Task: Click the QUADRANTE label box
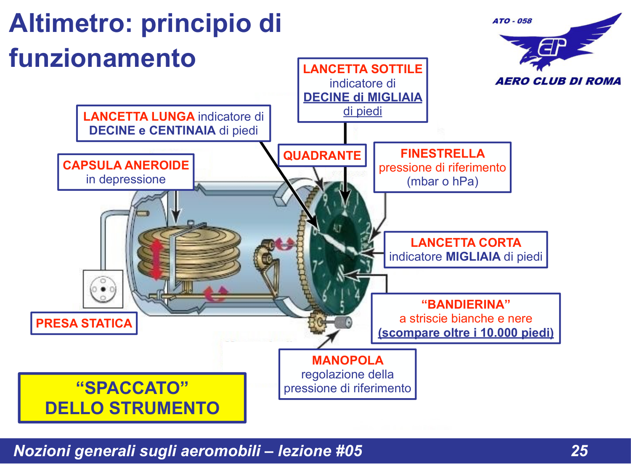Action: (x=322, y=155)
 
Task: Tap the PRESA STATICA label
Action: (x=84, y=323)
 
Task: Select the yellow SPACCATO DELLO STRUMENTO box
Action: (x=132, y=398)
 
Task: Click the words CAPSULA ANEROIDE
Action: (x=126, y=165)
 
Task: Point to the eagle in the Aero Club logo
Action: (x=559, y=44)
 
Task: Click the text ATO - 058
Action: (x=512, y=21)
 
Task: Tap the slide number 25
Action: (x=579, y=451)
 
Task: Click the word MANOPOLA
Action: (x=347, y=360)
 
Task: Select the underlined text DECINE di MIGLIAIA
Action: (x=363, y=97)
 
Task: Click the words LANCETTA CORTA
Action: (x=466, y=243)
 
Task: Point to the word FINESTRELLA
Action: (x=442, y=153)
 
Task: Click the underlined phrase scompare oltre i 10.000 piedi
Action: (x=466, y=333)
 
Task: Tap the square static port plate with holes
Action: (x=103, y=289)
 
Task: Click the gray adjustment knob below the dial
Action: (x=343, y=322)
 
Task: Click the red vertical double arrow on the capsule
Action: (x=156, y=259)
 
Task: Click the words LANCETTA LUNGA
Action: (x=139, y=116)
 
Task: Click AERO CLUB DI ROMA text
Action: (x=558, y=81)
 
